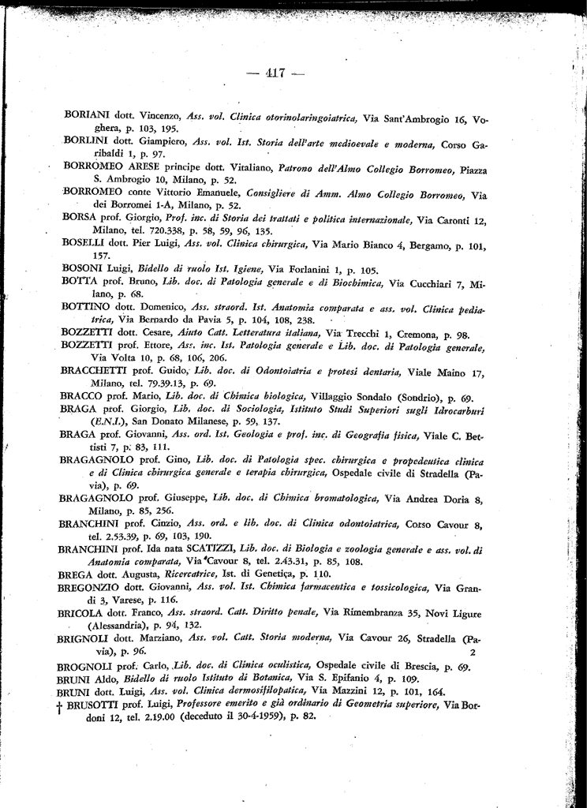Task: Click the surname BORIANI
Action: pos(87,114)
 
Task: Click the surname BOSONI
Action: pos(82,268)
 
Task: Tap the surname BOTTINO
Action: pos(85,306)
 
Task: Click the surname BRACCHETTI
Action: pos(97,370)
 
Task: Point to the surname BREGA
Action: pos(77,574)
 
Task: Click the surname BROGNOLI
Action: pos(88,667)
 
